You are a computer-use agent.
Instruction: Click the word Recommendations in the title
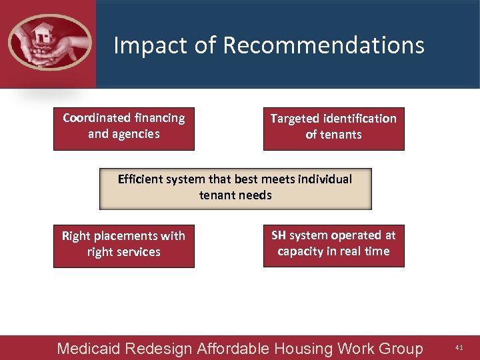point(323,45)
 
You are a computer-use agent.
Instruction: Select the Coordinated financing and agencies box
point(124,129)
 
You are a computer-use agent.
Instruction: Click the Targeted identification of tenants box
point(333,129)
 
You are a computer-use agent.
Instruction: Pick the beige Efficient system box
point(235,189)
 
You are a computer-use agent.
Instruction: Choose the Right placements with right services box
point(124,247)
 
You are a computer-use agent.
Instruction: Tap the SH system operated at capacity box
point(333,247)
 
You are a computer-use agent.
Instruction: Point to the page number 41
point(459,348)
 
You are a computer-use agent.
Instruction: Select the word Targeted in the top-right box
point(294,119)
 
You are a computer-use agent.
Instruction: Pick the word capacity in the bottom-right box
point(300,252)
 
